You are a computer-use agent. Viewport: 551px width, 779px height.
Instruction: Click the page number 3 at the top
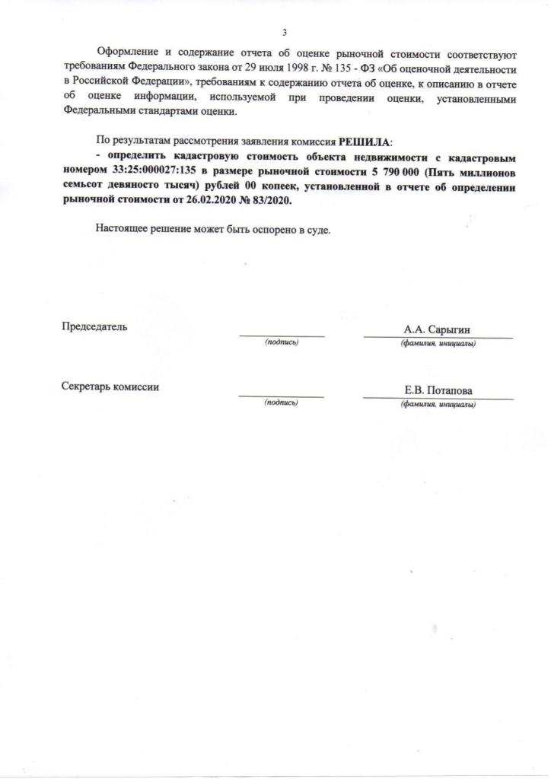click(x=284, y=32)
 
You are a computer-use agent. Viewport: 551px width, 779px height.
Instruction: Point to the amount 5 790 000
click(x=398, y=172)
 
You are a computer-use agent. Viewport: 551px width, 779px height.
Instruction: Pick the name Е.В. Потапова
click(x=438, y=391)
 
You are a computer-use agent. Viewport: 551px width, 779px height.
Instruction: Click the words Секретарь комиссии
click(x=110, y=387)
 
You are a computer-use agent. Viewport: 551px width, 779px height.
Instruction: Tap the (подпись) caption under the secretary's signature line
click(x=281, y=403)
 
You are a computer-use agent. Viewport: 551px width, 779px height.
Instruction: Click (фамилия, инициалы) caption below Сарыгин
click(x=438, y=343)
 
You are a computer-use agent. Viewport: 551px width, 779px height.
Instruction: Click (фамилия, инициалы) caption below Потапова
click(x=438, y=404)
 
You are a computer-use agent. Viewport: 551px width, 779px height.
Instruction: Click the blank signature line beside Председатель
click(x=282, y=335)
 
